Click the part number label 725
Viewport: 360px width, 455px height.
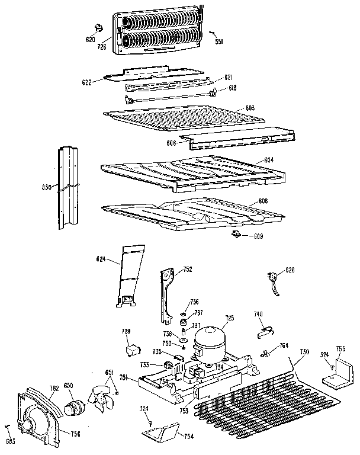229,318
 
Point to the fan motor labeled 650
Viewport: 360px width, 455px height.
75,408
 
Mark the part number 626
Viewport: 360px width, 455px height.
289,270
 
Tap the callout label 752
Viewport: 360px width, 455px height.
187,270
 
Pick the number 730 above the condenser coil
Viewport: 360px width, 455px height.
304,352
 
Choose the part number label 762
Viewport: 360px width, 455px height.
54,389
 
